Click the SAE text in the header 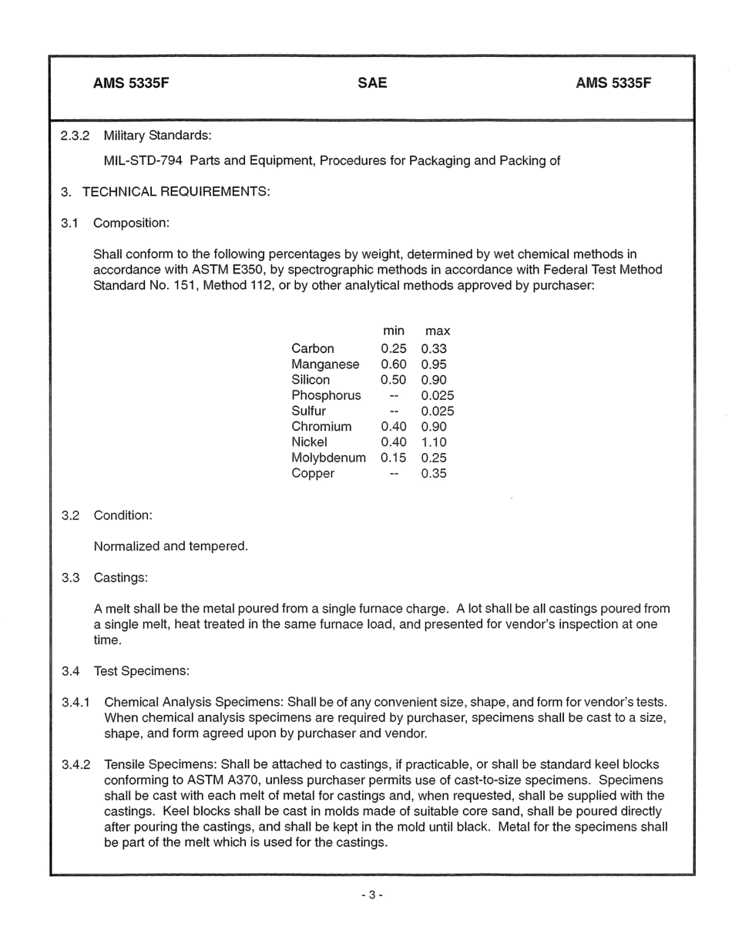pyautogui.click(x=372, y=83)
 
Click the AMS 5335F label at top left pyautogui.click(x=130, y=83)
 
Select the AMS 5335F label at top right pyautogui.click(x=613, y=83)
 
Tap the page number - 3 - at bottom pyautogui.click(x=372, y=895)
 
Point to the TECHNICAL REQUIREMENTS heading pyautogui.click(x=176, y=192)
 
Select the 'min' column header pyautogui.click(x=394, y=331)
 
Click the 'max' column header pyautogui.click(x=437, y=331)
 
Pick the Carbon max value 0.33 pyautogui.click(x=434, y=349)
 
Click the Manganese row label pyautogui.click(x=325, y=364)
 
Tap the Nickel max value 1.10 pyautogui.click(x=434, y=442)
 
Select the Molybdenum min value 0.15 pyautogui.click(x=394, y=458)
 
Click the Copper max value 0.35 pyautogui.click(x=434, y=474)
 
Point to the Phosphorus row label pyautogui.click(x=326, y=396)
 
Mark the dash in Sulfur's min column pyautogui.click(x=394, y=411)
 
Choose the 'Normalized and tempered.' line pyautogui.click(x=170, y=546)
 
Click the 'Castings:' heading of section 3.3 pyautogui.click(x=120, y=578)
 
